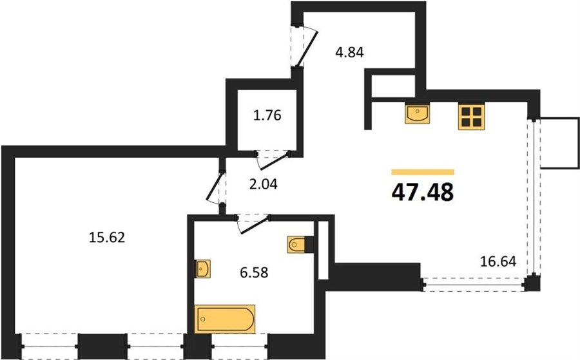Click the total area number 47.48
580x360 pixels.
(422, 192)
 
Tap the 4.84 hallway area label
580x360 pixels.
(349, 52)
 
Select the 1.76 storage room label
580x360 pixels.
(267, 115)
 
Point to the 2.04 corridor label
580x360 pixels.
(264, 184)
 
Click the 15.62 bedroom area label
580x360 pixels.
(107, 237)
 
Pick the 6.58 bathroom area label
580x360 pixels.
(254, 273)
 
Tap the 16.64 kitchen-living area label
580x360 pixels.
(498, 261)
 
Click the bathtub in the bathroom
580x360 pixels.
(225, 319)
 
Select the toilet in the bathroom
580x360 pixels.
(298, 245)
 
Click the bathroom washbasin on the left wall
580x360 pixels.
(203, 269)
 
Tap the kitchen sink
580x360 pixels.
(417, 113)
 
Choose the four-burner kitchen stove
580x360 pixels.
(471, 117)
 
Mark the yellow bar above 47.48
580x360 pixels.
(423, 172)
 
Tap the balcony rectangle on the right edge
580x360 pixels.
(559, 143)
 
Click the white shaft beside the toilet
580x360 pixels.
(324, 251)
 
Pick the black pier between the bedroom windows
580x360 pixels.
(102, 346)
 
